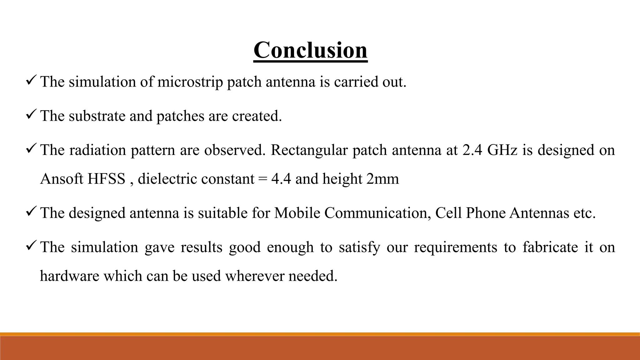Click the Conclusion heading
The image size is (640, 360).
(310, 50)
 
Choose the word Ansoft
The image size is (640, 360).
(62, 179)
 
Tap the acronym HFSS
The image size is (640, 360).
(106, 179)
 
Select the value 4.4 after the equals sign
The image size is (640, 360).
(281, 179)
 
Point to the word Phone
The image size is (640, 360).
(486, 213)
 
